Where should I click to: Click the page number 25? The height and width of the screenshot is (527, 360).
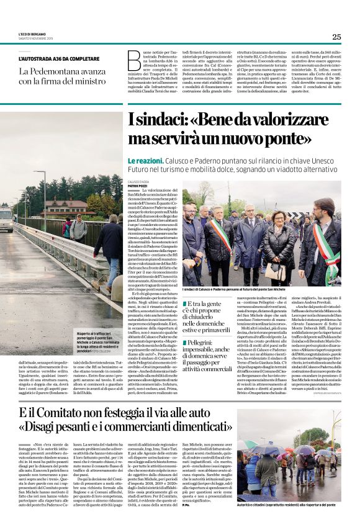pos(336,37)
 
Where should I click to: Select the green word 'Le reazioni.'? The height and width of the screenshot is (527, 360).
pos(146,161)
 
